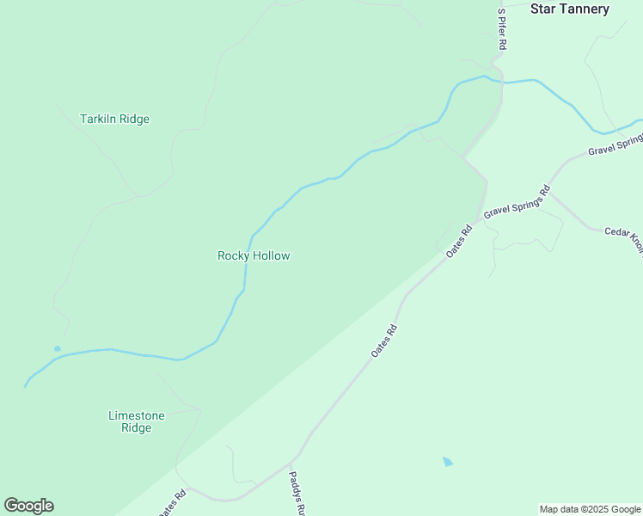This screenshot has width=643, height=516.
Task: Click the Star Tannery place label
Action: (569, 9)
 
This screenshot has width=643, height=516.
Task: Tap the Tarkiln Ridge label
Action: (114, 119)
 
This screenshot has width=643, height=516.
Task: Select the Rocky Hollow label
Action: (254, 255)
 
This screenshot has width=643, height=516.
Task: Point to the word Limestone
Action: (136, 415)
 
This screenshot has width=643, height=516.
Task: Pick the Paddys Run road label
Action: (297, 493)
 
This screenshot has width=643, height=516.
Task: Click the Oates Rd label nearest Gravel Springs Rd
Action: (460, 242)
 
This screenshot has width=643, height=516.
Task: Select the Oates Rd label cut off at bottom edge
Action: (172, 503)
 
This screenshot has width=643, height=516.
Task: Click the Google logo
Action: (28, 506)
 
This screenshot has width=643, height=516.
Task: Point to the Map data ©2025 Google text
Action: (590, 509)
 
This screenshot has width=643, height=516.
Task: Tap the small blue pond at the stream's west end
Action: (57, 348)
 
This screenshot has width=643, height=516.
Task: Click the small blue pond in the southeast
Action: (447, 462)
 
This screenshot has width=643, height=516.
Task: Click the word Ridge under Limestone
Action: (136, 427)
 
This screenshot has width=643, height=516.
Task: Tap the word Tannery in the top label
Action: (582, 9)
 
